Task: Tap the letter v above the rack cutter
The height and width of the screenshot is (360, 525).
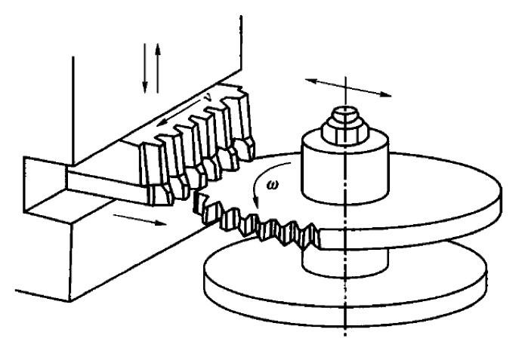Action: click(x=208, y=97)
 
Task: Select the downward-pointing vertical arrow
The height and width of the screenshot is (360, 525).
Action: click(x=144, y=68)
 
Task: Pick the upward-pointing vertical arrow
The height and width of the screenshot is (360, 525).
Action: click(x=158, y=68)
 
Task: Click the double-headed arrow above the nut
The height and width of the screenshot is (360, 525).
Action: click(x=348, y=88)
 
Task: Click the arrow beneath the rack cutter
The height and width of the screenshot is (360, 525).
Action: click(x=140, y=220)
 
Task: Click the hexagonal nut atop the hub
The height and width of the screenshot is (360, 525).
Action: click(x=345, y=132)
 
